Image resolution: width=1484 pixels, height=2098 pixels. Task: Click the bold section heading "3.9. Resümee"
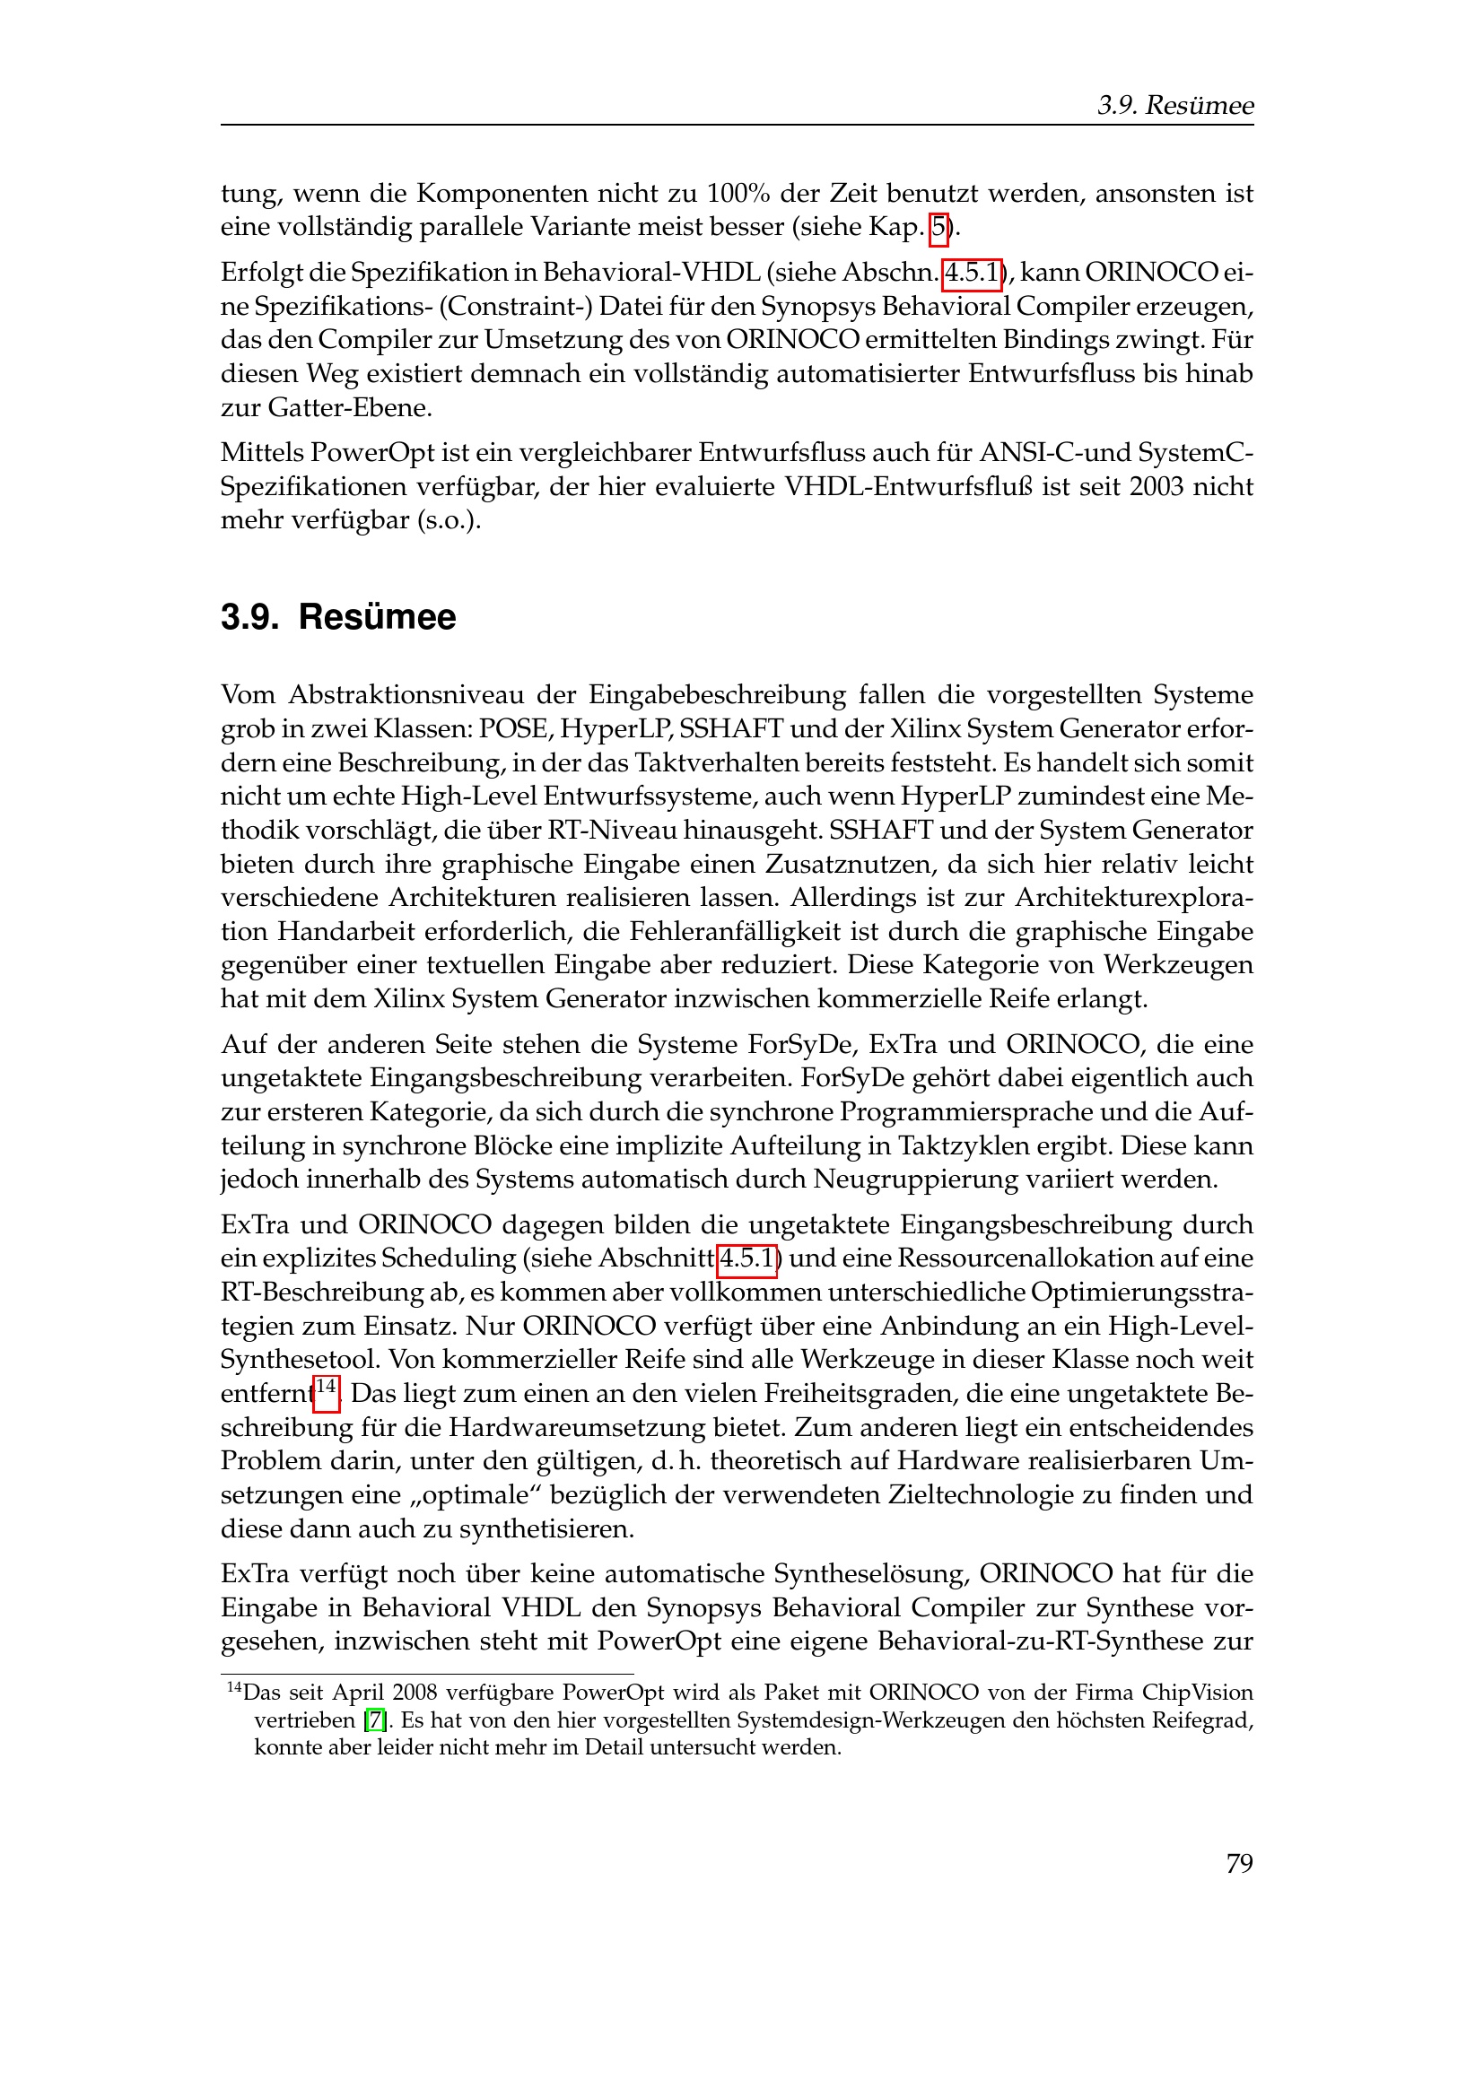(x=338, y=617)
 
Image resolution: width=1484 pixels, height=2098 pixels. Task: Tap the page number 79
(x=1239, y=1863)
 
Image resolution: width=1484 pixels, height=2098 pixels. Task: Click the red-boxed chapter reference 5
(x=938, y=227)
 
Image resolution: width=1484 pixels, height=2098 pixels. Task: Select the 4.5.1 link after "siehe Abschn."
(x=972, y=273)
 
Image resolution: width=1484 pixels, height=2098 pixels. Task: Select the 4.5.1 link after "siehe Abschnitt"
(x=746, y=1258)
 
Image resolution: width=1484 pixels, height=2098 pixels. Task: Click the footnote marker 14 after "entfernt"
(x=327, y=1388)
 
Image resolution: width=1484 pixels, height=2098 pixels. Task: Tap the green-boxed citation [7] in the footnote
(x=375, y=1720)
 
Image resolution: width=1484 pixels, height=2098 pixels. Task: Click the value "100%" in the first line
(x=738, y=194)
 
